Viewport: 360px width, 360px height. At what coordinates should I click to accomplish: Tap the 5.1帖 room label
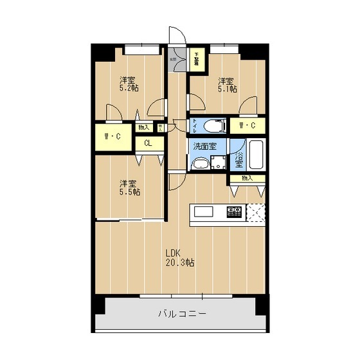pyautogui.click(x=225, y=85)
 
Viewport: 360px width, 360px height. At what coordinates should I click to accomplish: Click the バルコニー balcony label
pyautogui.click(x=182, y=314)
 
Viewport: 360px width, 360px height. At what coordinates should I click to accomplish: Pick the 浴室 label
pyautogui.click(x=239, y=156)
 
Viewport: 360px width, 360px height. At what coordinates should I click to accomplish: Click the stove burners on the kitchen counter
pyautogui.click(x=233, y=211)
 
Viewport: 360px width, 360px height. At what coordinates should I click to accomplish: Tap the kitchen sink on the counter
pyautogui.click(x=204, y=212)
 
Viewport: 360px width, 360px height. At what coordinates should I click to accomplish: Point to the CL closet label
pyautogui.click(x=148, y=143)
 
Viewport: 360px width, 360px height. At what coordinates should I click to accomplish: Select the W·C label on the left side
pyautogui.click(x=113, y=136)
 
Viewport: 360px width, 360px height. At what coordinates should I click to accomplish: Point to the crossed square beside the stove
pyautogui.click(x=256, y=212)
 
